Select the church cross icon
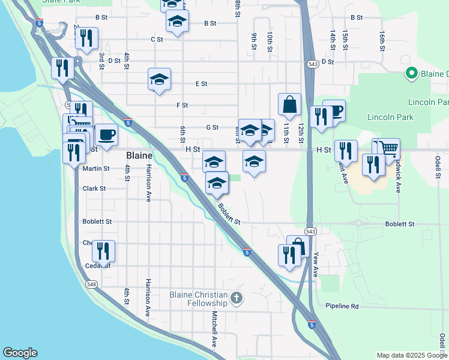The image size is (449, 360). click(237, 298)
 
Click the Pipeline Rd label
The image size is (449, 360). click(342, 307)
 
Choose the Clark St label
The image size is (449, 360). click(94, 188)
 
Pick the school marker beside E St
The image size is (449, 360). click(159, 79)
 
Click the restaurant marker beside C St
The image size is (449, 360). click(86, 38)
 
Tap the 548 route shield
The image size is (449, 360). click(91, 284)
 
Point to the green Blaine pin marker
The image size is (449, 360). click(412, 74)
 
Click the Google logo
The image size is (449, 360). click(20, 353)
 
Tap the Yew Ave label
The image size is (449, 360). click(316, 264)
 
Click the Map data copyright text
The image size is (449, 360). click(412, 355)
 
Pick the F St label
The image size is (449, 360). click(182, 106)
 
